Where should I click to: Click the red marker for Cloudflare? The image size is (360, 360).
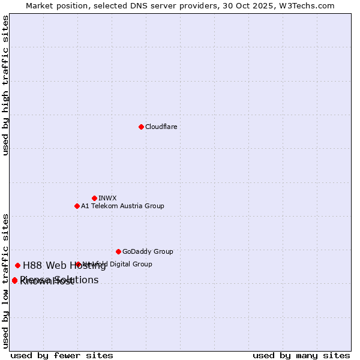pyautogui.click(x=141, y=127)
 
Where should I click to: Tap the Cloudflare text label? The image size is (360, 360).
pyautogui.click(x=161, y=127)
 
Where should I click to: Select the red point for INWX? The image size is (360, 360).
pyautogui.click(x=94, y=198)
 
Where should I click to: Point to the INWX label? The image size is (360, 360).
pyautogui.click(x=107, y=198)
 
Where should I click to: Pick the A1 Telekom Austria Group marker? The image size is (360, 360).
pyautogui.click(x=77, y=206)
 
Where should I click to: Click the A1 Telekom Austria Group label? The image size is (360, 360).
pyautogui.click(x=122, y=206)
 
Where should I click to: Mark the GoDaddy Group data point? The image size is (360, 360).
pyautogui.click(x=118, y=251)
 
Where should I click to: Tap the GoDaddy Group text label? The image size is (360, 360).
pyautogui.click(x=148, y=251)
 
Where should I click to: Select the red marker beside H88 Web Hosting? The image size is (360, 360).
pyautogui.click(x=17, y=265)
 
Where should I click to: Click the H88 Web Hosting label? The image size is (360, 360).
pyautogui.click(x=64, y=265)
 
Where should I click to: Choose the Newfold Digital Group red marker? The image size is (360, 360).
pyautogui.click(x=78, y=264)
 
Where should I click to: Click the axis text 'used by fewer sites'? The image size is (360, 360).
pyautogui.click(x=62, y=355)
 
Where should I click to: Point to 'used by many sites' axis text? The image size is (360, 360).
pyautogui.click(x=301, y=355)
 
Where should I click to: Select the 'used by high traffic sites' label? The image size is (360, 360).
pyautogui.click(x=5, y=85)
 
